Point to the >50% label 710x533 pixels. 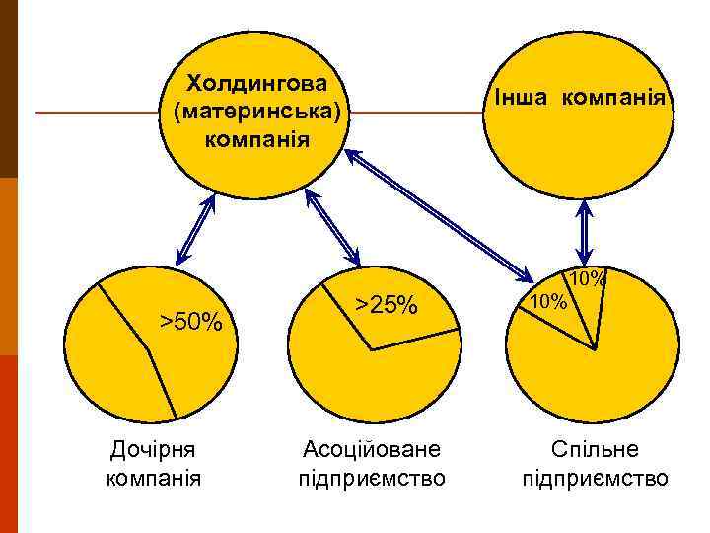[192, 320]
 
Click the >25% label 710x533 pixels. [388, 305]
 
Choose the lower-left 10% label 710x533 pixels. [543, 300]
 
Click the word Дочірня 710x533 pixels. [153, 450]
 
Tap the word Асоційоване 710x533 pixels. [372, 450]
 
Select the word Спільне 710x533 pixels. [595, 450]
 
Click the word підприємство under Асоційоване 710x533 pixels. [372, 480]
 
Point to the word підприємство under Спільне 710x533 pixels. [595, 480]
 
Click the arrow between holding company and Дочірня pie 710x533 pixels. [195, 229]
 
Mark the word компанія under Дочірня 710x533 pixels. [153, 480]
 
